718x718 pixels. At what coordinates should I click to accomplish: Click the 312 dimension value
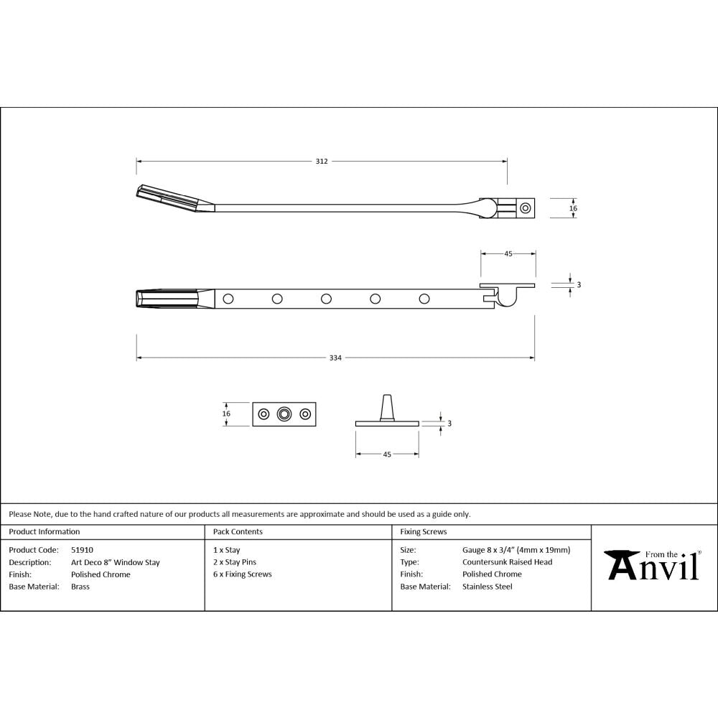(x=322, y=161)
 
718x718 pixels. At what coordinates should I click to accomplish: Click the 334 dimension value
(x=335, y=358)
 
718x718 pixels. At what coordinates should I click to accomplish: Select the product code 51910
(x=82, y=550)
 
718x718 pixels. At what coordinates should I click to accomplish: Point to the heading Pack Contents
(x=238, y=532)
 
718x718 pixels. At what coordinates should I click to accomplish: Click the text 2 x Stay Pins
(x=234, y=562)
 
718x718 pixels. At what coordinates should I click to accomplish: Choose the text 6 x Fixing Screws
(x=242, y=574)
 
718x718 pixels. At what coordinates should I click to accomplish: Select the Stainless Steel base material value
(x=488, y=587)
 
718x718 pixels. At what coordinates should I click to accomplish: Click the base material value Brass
(x=80, y=587)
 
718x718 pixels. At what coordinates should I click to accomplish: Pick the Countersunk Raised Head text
(x=507, y=562)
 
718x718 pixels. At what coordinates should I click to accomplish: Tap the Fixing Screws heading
(x=423, y=532)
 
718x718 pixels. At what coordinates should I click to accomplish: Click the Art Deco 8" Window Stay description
(x=115, y=562)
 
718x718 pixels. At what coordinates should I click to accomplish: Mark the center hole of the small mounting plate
(x=285, y=414)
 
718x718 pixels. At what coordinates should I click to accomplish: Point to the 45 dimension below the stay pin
(x=387, y=454)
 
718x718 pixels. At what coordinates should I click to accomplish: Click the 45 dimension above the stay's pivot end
(x=508, y=253)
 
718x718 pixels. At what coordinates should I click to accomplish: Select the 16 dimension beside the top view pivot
(x=573, y=208)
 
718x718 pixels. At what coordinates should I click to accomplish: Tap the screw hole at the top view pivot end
(x=526, y=208)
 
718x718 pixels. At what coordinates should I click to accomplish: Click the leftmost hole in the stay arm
(x=228, y=298)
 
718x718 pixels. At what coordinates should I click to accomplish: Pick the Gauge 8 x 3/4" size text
(x=516, y=550)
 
